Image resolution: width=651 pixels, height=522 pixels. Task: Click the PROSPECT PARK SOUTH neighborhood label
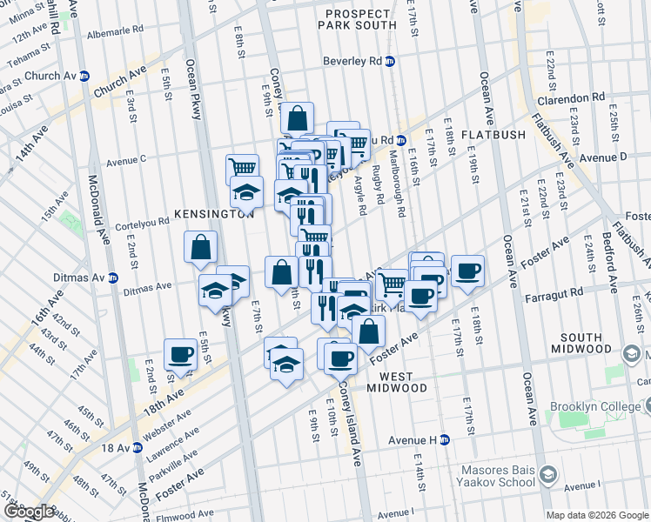359,20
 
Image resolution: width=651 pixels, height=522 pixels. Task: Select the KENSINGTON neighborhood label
212,213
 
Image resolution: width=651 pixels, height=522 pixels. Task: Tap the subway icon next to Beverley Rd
391,61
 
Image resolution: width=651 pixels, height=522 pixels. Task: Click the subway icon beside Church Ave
84,75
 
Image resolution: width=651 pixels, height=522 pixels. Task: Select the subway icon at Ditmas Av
112,278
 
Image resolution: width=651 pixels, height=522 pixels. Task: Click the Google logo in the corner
29,511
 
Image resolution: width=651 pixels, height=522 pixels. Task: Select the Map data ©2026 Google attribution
596,515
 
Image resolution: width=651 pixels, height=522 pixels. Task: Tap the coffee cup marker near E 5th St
180,354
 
